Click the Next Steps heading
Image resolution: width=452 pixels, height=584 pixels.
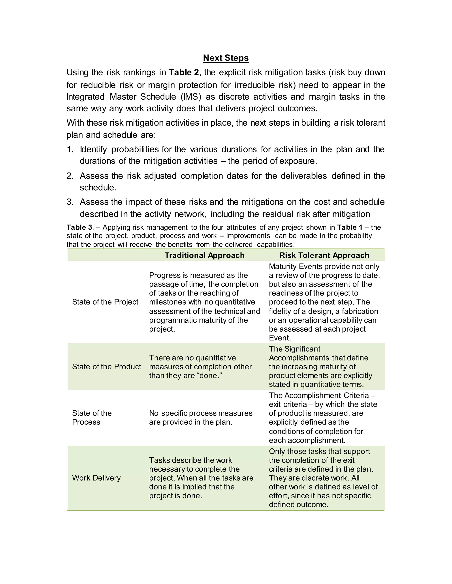click(226, 58)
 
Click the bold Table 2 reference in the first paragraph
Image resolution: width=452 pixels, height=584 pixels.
click(184, 73)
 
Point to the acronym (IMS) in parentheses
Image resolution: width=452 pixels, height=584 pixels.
click(191, 97)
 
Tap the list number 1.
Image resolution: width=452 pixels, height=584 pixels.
click(70, 149)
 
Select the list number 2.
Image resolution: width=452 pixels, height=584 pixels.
click(70, 176)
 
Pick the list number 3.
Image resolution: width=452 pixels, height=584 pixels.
click(70, 202)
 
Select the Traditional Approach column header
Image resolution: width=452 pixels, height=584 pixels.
click(204, 255)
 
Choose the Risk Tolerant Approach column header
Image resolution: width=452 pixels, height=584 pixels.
click(324, 255)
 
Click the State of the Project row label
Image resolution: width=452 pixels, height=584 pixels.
click(105, 302)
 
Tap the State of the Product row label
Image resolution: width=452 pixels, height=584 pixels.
click(106, 367)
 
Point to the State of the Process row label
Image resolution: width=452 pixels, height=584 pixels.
click(92, 417)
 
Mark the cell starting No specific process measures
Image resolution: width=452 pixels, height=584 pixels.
click(201, 417)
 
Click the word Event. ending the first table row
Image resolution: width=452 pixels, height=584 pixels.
click(280, 338)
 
